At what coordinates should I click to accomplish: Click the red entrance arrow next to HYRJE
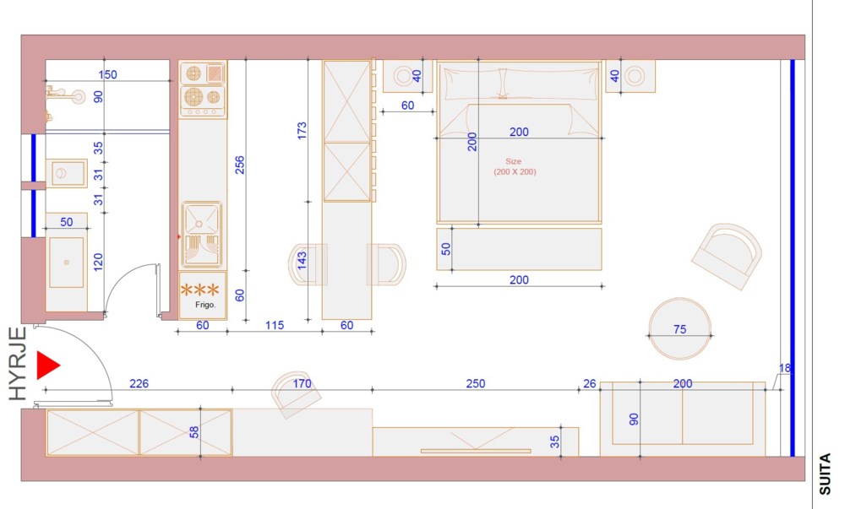click(x=47, y=366)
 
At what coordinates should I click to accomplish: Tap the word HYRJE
click(x=19, y=364)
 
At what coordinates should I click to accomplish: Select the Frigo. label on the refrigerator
click(x=205, y=305)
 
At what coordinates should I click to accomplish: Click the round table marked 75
click(x=680, y=328)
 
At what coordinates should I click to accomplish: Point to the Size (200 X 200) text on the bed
click(x=515, y=167)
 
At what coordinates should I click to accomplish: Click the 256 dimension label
click(x=240, y=165)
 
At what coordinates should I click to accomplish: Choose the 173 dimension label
click(x=302, y=131)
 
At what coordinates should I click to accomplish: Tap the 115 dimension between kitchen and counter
click(x=275, y=325)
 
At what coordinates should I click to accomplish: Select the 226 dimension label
click(x=139, y=383)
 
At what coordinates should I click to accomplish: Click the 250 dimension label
click(x=475, y=383)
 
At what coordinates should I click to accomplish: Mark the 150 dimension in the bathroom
click(x=108, y=74)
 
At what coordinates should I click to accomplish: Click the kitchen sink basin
click(x=201, y=218)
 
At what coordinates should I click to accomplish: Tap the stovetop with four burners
click(x=203, y=89)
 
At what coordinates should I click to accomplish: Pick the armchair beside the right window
click(x=727, y=257)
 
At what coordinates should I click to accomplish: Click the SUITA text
click(x=825, y=474)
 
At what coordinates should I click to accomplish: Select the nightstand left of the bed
click(x=408, y=76)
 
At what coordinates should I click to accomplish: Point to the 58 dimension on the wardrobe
click(x=194, y=432)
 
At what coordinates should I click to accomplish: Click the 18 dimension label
click(x=785, y=368)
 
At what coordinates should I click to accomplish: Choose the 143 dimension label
click(x=302, y=261)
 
